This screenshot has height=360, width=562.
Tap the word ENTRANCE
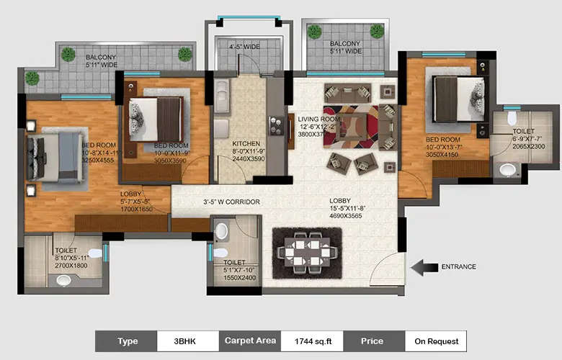pos(458,267)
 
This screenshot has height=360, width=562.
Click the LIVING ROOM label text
pos(319,120)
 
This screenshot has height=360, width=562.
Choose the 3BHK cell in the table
pos(186,341)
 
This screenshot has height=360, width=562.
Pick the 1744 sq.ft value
pos(309,341)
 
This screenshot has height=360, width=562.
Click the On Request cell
pos(435,341)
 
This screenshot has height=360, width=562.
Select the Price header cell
pos(373,341)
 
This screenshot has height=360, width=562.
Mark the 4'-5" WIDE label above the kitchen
pos(244,48)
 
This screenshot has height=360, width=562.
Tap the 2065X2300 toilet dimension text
pos(528,147)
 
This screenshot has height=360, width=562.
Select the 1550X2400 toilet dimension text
pos(239,277)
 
